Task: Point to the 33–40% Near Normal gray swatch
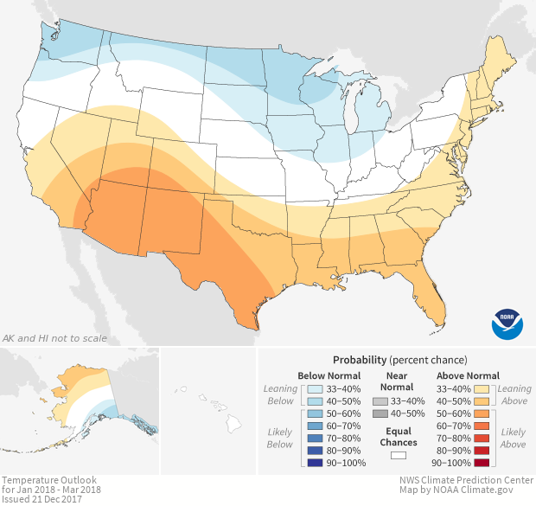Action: click(377, 401)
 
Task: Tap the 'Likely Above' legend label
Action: click(513, 438)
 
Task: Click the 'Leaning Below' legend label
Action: click(280, 394)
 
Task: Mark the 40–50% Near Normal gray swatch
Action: click(377, 413)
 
